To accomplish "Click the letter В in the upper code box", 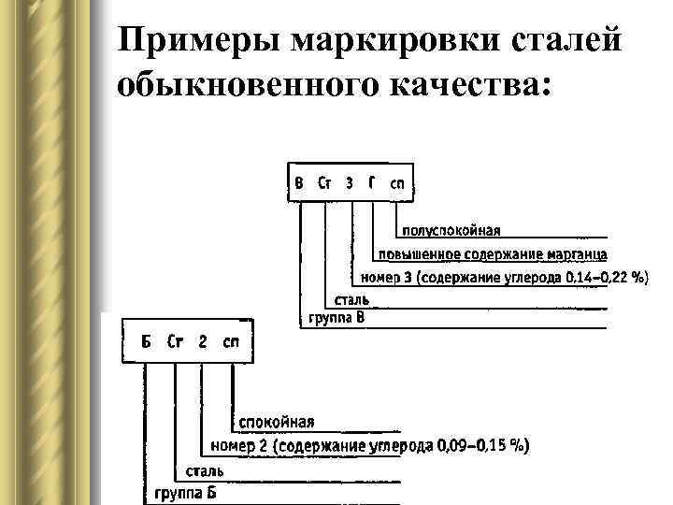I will pos(299,184).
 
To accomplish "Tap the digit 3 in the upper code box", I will pos(350,184).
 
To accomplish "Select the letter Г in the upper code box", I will pos(372,184).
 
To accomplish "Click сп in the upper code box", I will pos(397,184).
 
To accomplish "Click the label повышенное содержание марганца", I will pos(493,254).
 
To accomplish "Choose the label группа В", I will pos(337,319).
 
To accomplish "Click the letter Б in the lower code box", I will pos(146,341).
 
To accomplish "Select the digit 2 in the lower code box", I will pos(203,341).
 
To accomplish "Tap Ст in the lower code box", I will pos(175,341).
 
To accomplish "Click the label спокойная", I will pos(277,423).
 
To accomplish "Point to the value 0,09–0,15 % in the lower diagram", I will pos(482,446).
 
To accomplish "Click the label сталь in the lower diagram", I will pos(204,469).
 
